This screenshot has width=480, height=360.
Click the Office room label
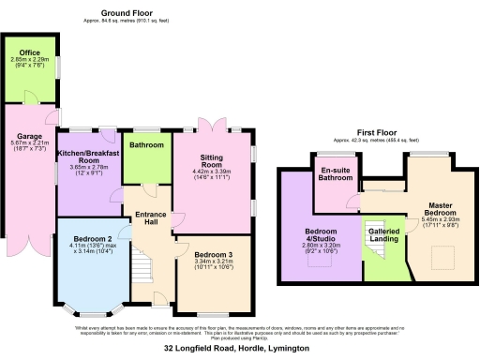29,53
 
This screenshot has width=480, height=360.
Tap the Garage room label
29,133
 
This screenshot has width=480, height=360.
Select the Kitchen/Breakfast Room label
90,156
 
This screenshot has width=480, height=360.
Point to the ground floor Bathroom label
147,145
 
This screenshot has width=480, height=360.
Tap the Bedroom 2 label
94,239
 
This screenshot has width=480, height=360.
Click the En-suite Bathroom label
336,173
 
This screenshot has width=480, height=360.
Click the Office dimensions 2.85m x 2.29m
29,61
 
